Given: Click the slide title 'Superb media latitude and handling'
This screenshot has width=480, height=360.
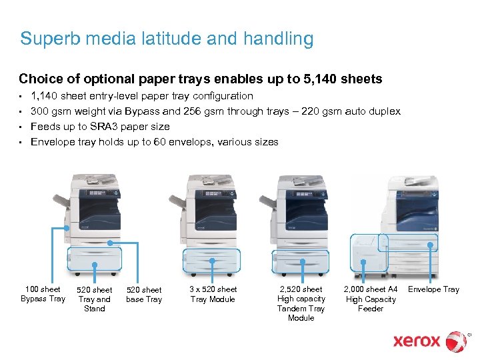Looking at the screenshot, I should pyautogui.click(x=167, y=39).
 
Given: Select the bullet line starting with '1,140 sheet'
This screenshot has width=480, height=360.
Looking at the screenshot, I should pyautogui.click(x=142, y=96).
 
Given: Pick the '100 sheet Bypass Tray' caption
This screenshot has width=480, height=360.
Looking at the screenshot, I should pyautogui.click(x=43, y=294).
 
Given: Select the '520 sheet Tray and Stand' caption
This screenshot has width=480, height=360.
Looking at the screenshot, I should pyautogui.click(x=95, y=299).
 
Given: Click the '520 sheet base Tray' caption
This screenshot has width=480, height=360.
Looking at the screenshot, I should pyautogui.click(x=144, y=295).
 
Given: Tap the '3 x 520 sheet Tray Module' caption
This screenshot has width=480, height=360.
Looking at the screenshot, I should pyautogui.click(x=213, y=294).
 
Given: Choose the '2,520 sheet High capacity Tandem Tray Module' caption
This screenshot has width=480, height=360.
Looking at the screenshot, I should pyautogui.click(x=301, y=303).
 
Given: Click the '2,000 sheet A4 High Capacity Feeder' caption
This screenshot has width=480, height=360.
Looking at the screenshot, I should pyautogui.click(x=371, y=299).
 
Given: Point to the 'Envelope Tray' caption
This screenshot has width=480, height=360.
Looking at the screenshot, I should pyautogui.click(x=433, y=289).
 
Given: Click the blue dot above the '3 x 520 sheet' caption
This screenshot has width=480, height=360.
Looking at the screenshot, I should pyautogui.click(x=213, y=265).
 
